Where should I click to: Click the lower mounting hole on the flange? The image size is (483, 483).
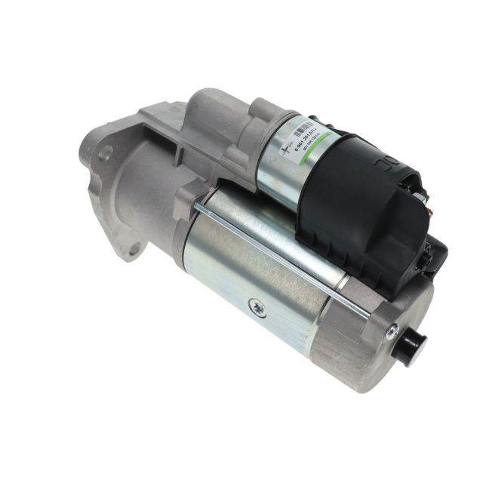tap(133, 248)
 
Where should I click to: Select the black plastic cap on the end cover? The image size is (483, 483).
tap(411, 345)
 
